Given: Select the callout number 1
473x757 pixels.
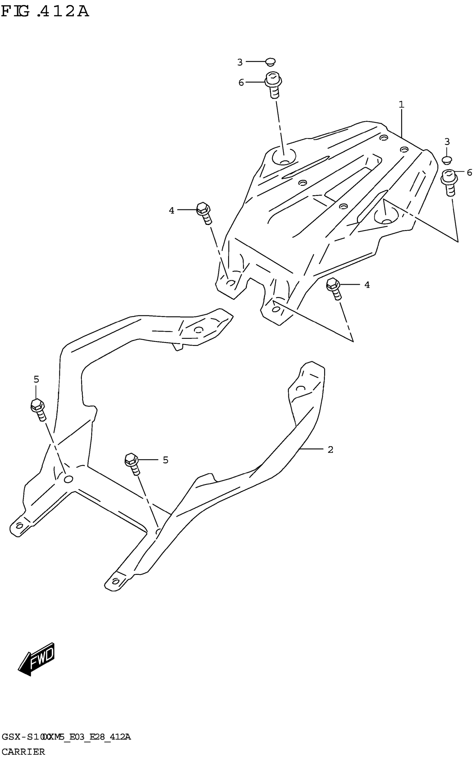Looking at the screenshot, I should click(401, 105).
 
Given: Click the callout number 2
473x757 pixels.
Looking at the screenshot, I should click(330, 450).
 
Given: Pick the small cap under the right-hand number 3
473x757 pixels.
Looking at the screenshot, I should click(447, 160).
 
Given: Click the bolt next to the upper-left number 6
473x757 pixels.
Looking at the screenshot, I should click(274, 85).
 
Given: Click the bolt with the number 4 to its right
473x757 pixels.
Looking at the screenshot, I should click(334, 289).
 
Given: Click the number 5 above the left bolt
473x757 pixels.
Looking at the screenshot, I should click(36, 379).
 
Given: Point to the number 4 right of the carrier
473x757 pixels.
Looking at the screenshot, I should click(367, 285).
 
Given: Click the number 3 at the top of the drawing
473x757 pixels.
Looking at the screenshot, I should click(240, 63).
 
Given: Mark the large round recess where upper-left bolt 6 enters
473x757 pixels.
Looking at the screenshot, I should click(284, 157).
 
